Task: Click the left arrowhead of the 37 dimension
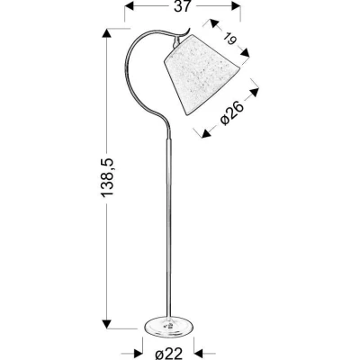click(128, 7)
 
